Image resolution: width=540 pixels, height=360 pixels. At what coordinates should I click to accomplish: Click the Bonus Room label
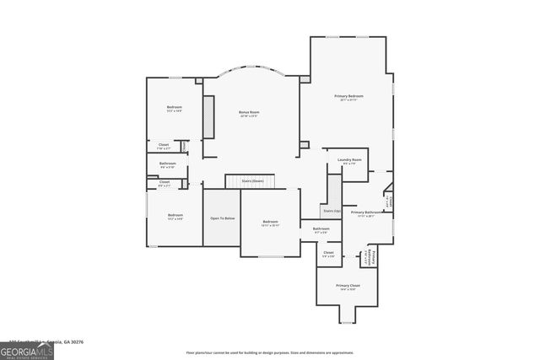[x=248, y=114]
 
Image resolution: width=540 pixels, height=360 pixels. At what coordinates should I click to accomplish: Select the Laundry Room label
[x=349, y=161]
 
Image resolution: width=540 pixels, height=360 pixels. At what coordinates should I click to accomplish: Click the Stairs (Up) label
[x=331, y=211]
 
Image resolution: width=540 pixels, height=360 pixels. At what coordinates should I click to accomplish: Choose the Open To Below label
[x=222, y=218]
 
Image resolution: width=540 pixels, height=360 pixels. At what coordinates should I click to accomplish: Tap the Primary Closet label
[x=348, y=287]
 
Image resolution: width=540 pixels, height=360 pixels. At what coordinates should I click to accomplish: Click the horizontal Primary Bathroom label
[x=366, y=213]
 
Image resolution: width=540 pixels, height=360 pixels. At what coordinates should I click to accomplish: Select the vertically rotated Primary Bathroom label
[x=371, y=257]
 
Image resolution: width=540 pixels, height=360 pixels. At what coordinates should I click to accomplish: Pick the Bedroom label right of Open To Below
[x=269, y=223]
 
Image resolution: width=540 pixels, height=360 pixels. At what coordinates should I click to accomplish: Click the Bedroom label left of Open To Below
[x=175, y=216]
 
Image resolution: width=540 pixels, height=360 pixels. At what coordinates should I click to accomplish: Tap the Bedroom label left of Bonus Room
[x=174, y=109]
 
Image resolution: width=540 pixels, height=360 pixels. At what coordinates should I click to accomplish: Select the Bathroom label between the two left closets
[x=168, y=164]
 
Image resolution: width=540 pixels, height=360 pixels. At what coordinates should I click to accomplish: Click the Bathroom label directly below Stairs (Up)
[x=321, y=229]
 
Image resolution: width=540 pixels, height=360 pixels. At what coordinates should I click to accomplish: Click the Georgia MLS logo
[x=26, y=348]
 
